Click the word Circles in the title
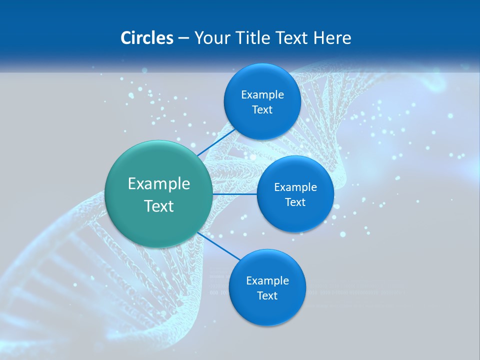point(147,38)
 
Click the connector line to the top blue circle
point(216,142)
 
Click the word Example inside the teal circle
point(158,184)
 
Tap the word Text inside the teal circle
point(158,206)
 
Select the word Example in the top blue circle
point(262,95)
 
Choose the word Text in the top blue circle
point(262,110)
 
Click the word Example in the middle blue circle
point(295,187)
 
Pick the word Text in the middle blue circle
point(295,202)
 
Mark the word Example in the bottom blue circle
point(267,281)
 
